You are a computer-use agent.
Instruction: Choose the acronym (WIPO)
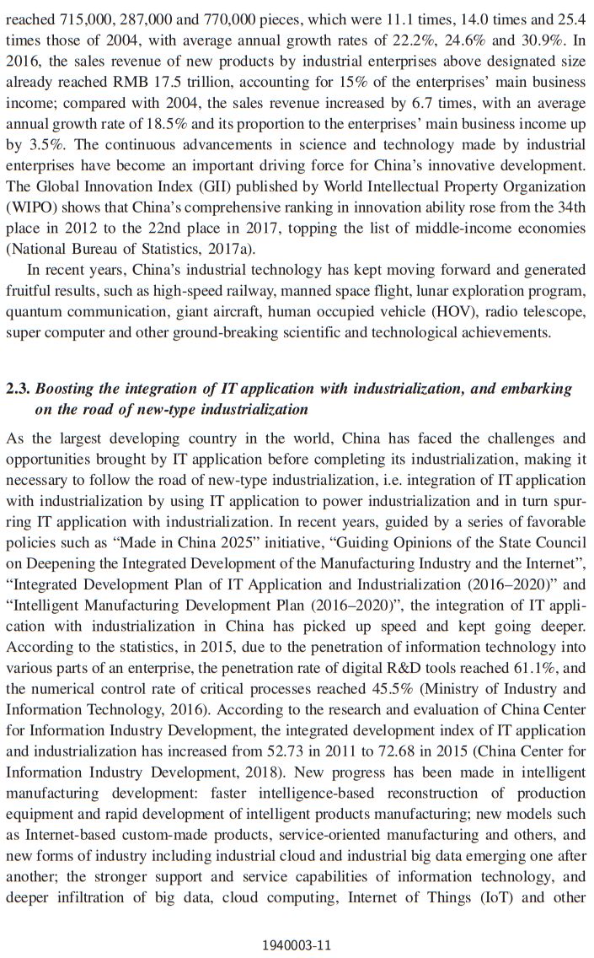29,207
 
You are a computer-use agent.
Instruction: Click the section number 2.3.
18,389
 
